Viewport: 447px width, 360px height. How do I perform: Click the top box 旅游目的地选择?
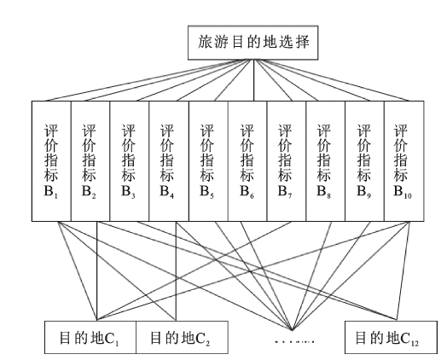(253, 43)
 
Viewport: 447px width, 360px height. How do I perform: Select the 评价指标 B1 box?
(51, 161)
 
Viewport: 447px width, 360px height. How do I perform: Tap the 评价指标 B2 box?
(90, 161)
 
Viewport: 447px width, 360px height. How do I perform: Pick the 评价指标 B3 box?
(130, 161)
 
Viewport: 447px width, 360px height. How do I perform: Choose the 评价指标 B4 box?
(169, 161)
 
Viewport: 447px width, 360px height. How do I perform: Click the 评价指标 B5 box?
(208, 161)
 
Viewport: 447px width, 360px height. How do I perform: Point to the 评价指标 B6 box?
(247, 161)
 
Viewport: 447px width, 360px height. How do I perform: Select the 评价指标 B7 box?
(287, 161)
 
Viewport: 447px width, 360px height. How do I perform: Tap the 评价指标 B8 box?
(326, 161)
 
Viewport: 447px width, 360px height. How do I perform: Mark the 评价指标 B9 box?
(364, 161)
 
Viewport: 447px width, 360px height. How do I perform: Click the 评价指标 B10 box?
(404, 161)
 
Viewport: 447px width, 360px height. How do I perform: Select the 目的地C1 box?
(90, 338)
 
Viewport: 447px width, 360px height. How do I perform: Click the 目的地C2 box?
(182, 338)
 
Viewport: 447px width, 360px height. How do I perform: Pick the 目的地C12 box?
(391, 338)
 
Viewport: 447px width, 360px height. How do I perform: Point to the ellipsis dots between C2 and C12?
(294, 341)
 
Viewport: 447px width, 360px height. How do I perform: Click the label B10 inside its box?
(403, 192)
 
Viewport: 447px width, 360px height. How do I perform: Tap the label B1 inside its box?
(50, 192)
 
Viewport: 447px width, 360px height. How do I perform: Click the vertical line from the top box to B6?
(253, 80)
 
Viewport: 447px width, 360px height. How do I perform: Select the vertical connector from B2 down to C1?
(97, 271)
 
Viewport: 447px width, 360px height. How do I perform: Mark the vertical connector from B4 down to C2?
(177, 271)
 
